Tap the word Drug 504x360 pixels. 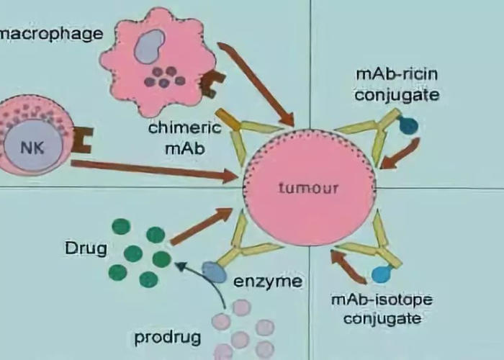[86, 250]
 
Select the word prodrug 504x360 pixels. [167, 336]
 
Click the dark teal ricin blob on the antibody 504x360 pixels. [408, 127]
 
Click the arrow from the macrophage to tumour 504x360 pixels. [256, 84]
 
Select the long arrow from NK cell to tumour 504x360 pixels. [155, 170]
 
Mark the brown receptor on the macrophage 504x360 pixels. [210, 86]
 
